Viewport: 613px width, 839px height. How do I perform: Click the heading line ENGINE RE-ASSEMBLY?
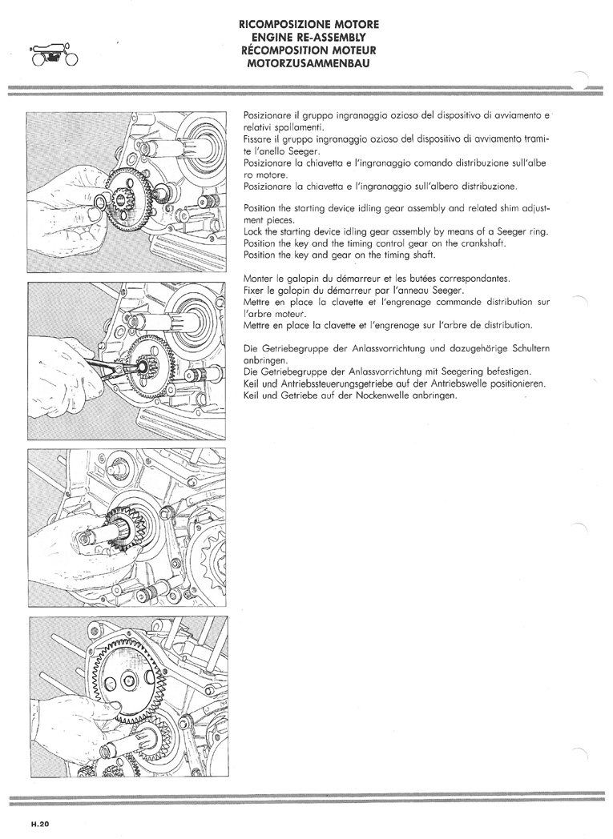point(309,38)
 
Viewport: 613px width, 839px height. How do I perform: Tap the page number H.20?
point(39,824)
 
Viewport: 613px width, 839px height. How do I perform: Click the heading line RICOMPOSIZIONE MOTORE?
point(309,25)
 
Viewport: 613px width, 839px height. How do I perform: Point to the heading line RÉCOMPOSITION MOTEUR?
point(309,50)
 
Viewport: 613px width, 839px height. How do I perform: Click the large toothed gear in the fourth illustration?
point(130,680)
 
